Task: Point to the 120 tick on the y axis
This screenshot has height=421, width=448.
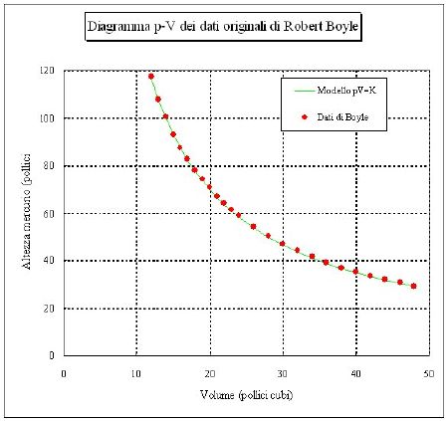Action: pos(47,71)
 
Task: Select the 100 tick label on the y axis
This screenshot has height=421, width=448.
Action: pos(47,118)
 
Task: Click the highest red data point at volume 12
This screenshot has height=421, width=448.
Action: pos(151,77)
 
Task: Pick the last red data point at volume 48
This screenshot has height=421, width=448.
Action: pos(413,286)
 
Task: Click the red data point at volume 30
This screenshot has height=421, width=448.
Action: pos(283,244)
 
